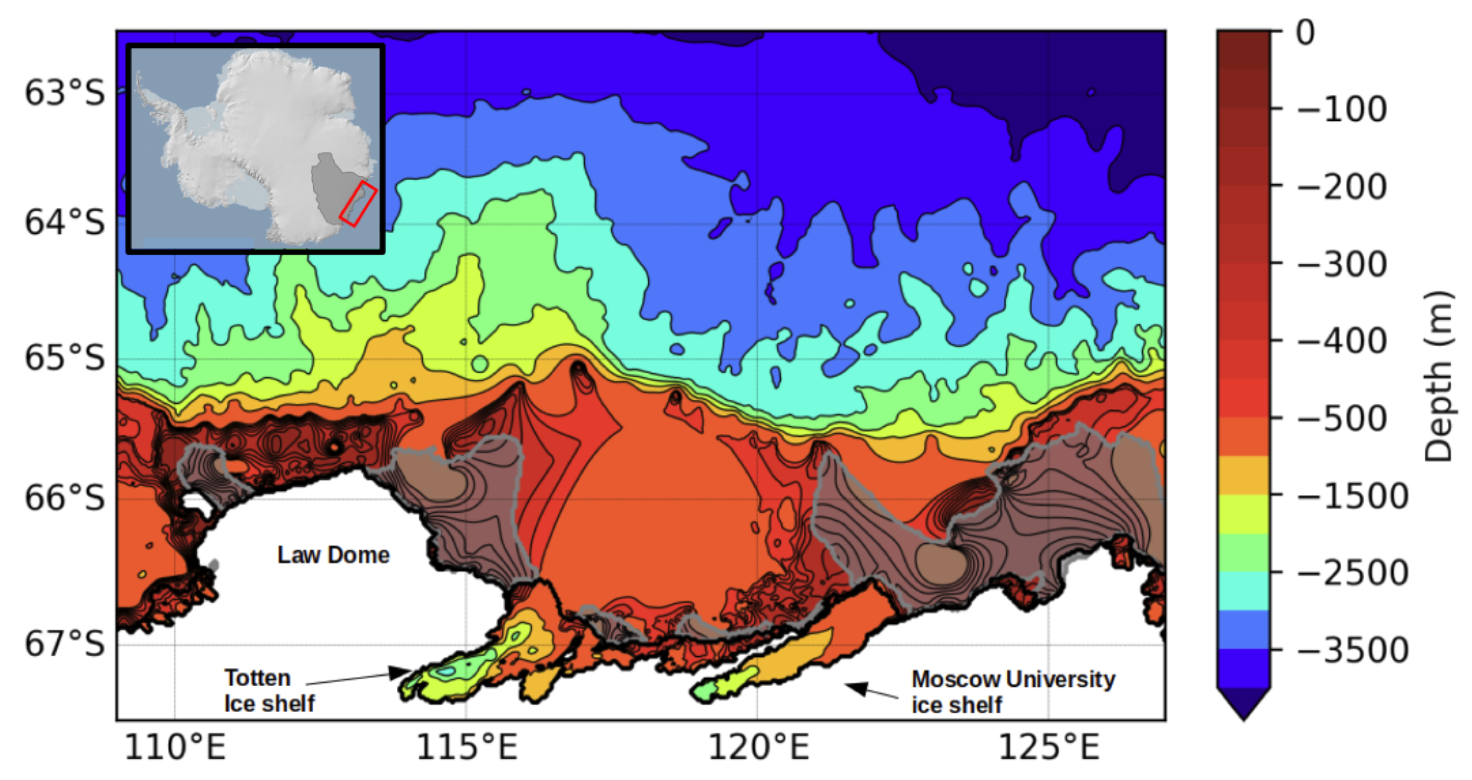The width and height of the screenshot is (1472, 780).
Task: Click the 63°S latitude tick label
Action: pyautogui.click(x=64, y=92)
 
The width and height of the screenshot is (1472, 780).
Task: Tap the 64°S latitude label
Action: pyautogui.click(x=64, y=222)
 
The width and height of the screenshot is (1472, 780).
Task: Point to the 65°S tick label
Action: pyautogui.click(x=64, y=358)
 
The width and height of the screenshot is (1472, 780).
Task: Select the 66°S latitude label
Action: pyautogui.click(x=64, y=497)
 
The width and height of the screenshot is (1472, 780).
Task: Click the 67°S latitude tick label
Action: pyautogui.click(x=64, y=644)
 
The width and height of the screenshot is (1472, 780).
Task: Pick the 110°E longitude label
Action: pyautogui.click(x=175, y=746)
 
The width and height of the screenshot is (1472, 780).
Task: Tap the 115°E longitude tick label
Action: pyautogui.click(x=466, y=746)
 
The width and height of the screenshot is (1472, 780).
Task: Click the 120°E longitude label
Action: pyautogui.click(x=758, y=746)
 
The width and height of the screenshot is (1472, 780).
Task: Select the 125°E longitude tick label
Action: pyautogui.click(x=1049, y=746)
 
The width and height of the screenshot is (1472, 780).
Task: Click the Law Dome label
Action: pyautogui.click(x=333, y=555)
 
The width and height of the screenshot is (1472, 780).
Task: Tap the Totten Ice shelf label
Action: pyautogui.click(x=269, y=691)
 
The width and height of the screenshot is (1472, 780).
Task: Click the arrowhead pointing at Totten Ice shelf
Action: pyautogui.click(x=400, y=672)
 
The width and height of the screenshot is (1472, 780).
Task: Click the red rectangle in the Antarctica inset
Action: pyautogui.click(x=358, y=204)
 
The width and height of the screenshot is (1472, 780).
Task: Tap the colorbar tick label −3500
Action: pyautogui.click(x=1352, y=650)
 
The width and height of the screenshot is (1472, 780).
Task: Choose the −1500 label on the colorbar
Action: pyautogui.click(x=1352, y=496)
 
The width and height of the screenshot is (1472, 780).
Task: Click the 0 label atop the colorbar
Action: pyautogui.click(x=1306, y=33)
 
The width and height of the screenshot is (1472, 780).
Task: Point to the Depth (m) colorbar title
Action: pyautogui.click(x=1438, y=377)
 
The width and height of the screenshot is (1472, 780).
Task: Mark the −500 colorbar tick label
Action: pyautogui.click(x=1342, y=419)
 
